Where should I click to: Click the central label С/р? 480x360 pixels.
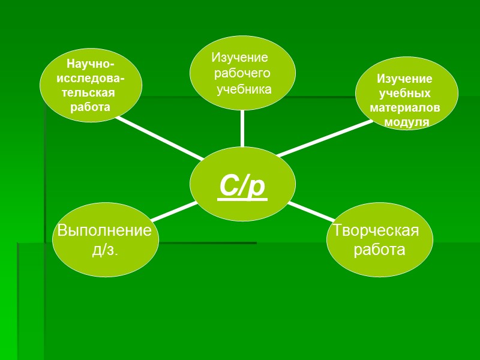click(242, 186)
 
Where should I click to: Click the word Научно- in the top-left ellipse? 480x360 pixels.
click(91, 64)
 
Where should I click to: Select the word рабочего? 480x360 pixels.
click(242, 73)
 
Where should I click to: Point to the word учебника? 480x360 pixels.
click(244, 89)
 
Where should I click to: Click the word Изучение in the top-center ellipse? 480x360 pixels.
click(239, 58)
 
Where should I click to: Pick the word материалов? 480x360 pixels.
click(405, 108)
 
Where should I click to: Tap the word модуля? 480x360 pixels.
click(407, 122)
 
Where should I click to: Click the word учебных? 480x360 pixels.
click(406, 94)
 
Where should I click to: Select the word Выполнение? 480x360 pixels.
click(104, 231)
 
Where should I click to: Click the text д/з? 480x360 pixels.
click(105, 250)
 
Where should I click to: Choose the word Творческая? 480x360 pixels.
click(376, 230)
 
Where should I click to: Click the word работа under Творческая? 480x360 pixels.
click(380, 250)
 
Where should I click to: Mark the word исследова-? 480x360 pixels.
click(91, 79)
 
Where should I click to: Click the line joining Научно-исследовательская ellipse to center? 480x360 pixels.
click(159, 139)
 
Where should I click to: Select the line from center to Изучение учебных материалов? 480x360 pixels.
click(324, 138)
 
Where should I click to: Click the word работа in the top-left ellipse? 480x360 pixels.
click(90, 107)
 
